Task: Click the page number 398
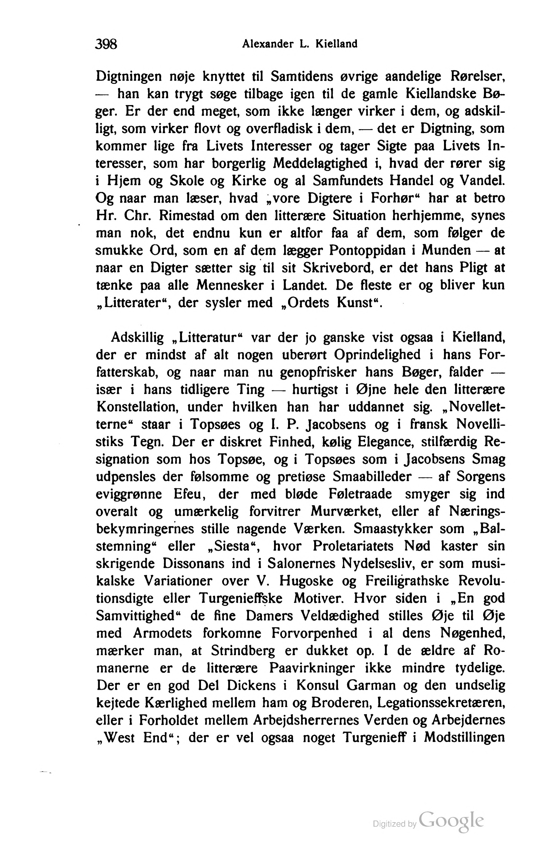tap(106, 44)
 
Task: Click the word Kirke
tap(249, 181)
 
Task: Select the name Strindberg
tap(243, 651)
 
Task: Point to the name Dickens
tap(252, 686)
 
